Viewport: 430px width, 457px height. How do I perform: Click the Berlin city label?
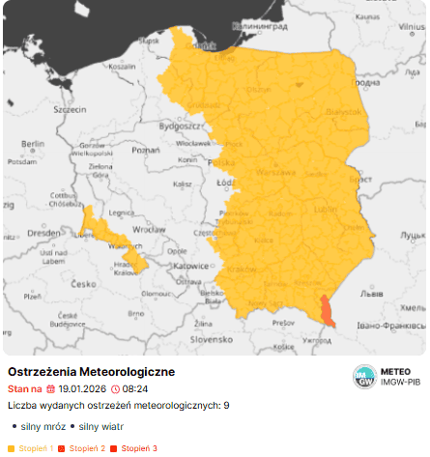33,144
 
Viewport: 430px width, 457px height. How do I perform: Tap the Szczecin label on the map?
70,110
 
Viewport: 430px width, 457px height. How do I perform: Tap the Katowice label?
203,264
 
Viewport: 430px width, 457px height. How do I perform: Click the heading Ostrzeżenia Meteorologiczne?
91,372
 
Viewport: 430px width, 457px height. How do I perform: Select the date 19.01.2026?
81,388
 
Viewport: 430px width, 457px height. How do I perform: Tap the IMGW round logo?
364,377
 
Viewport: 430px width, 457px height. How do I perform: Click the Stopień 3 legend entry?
140,448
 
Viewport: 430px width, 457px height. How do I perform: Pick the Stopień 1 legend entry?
34,448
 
